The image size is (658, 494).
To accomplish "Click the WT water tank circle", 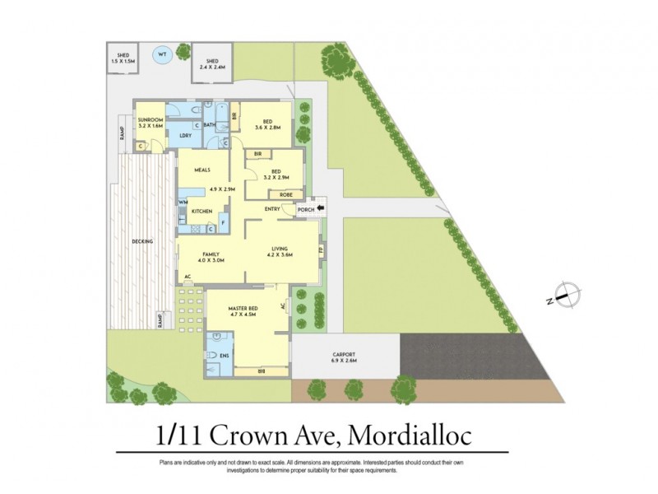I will pos(162,55).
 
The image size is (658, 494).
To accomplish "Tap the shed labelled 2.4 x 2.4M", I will pos(211,64).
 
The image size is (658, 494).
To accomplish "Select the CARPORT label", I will pos(345,354).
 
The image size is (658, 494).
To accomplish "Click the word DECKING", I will pos(141,241).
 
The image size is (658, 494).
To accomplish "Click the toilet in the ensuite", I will pos(213,355).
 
